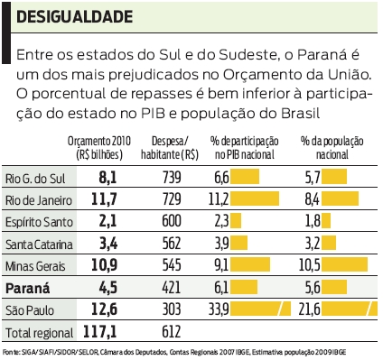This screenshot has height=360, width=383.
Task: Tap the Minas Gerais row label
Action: (x=33, y=266)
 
